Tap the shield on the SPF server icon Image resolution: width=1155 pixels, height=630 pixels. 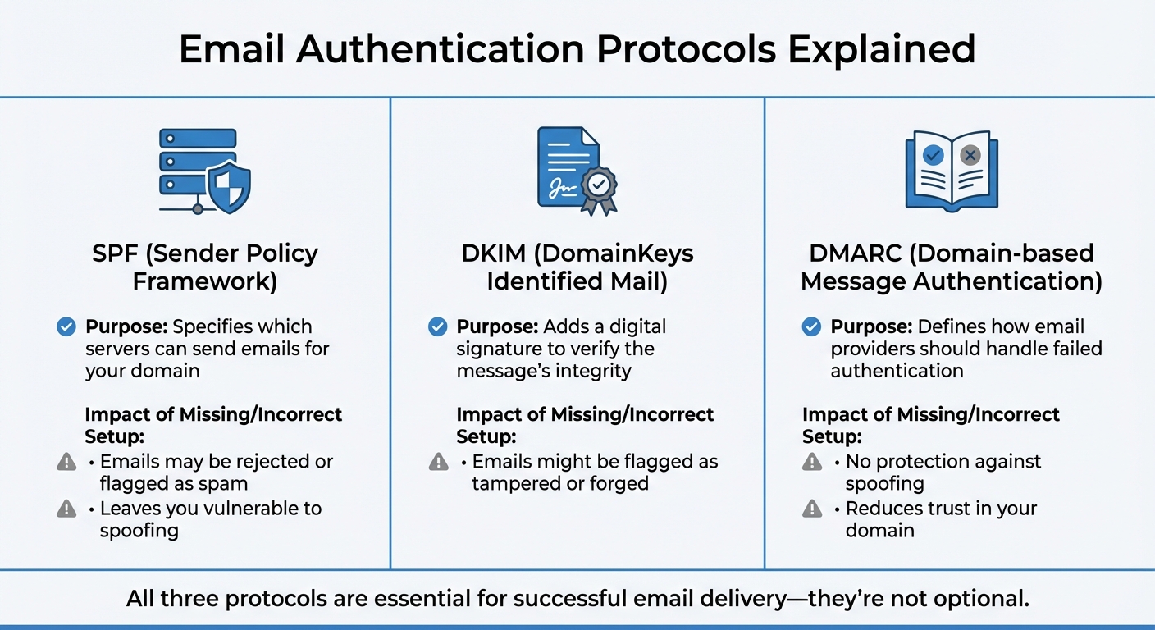tap(227, 187)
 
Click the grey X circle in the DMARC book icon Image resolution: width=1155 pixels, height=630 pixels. tap(971, 154)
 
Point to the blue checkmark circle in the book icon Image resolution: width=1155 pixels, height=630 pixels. tap(933, 154)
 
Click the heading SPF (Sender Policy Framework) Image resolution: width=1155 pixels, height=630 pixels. tap(204, 267)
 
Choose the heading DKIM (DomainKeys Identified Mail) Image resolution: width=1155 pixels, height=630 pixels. tap(577, 267)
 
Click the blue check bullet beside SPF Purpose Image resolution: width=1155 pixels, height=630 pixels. tap(66, 327)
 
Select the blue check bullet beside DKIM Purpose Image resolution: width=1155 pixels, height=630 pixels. tap(438, 327)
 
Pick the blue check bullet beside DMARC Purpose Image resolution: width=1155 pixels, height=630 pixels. tap(811, 327)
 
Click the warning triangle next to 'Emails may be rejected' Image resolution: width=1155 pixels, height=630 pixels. tap(66, 462)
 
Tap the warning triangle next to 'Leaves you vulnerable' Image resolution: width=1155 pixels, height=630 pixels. tap(66, 509)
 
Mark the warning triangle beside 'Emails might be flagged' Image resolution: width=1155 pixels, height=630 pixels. tap(439, 462)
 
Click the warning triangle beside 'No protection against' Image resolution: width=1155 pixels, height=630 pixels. tap(811, 462)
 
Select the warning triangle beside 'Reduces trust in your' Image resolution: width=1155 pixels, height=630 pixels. tap(811, 509)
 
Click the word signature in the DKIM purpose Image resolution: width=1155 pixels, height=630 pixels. tap(496, 349)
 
